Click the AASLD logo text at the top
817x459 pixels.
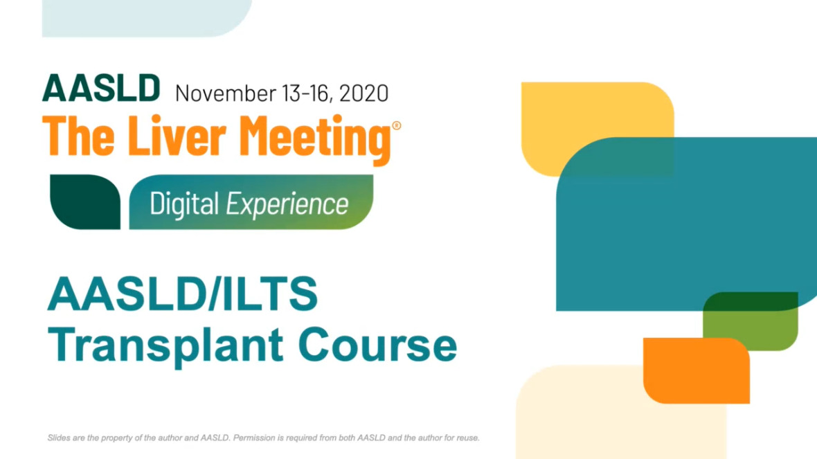point(101,88)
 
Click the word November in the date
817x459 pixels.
point(226,93)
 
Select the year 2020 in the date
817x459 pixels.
point(363,93)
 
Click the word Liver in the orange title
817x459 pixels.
point(177,136)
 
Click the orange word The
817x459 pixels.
point(78,136)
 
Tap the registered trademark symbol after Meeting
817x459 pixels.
point(397,125)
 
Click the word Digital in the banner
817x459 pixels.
point(184,203)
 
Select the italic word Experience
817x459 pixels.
point(287,204)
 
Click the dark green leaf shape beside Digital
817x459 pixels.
point(85,201)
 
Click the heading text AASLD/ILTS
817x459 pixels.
point(182,294)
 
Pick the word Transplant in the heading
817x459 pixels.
point(165,345)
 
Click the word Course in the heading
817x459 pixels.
point(378,345)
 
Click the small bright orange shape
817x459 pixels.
point(696,370)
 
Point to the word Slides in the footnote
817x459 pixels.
point(59,438)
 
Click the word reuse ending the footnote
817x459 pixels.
point(468,438)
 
